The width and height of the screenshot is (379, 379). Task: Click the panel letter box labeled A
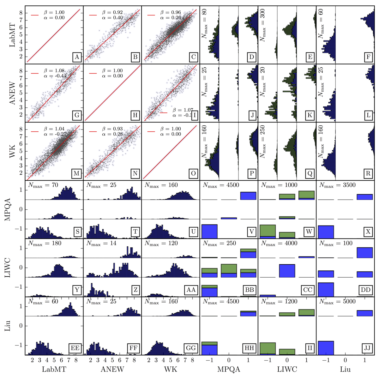77,57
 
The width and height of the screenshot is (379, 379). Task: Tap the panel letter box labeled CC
307,290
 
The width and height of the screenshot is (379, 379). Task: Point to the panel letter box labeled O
193,173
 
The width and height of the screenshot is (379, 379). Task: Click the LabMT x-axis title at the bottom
54,369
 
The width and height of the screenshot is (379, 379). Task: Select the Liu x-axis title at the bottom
345,369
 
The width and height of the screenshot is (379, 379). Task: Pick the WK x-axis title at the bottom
171,369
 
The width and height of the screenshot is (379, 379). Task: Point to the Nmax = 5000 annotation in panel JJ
337,301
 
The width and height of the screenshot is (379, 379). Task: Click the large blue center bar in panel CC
287,271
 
